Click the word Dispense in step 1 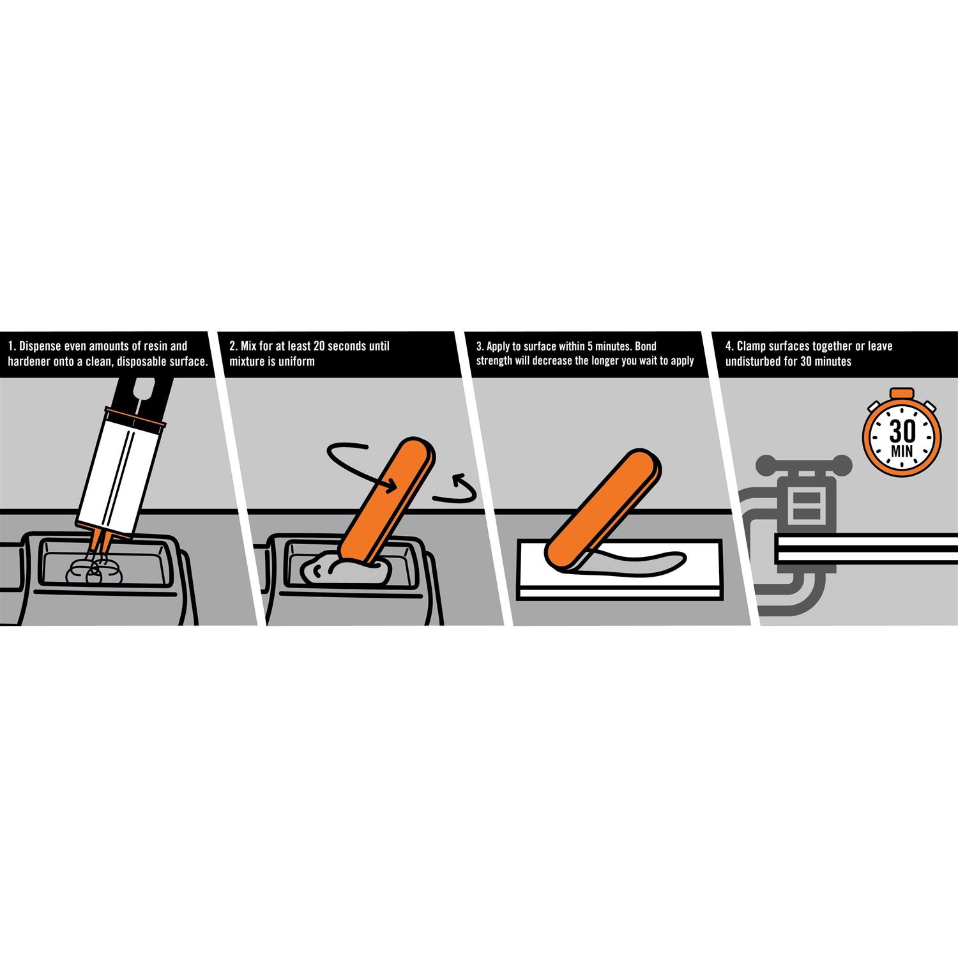click(x=42, y=346)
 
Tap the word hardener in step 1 click(x=29, y=361)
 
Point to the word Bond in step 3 click(x=644, y=346)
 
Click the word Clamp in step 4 click(x=751, y=346)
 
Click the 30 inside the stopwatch click(x=902, y=432)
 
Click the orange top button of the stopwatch click(x=902, y=393)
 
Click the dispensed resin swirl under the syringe click(x=95, y=570)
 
